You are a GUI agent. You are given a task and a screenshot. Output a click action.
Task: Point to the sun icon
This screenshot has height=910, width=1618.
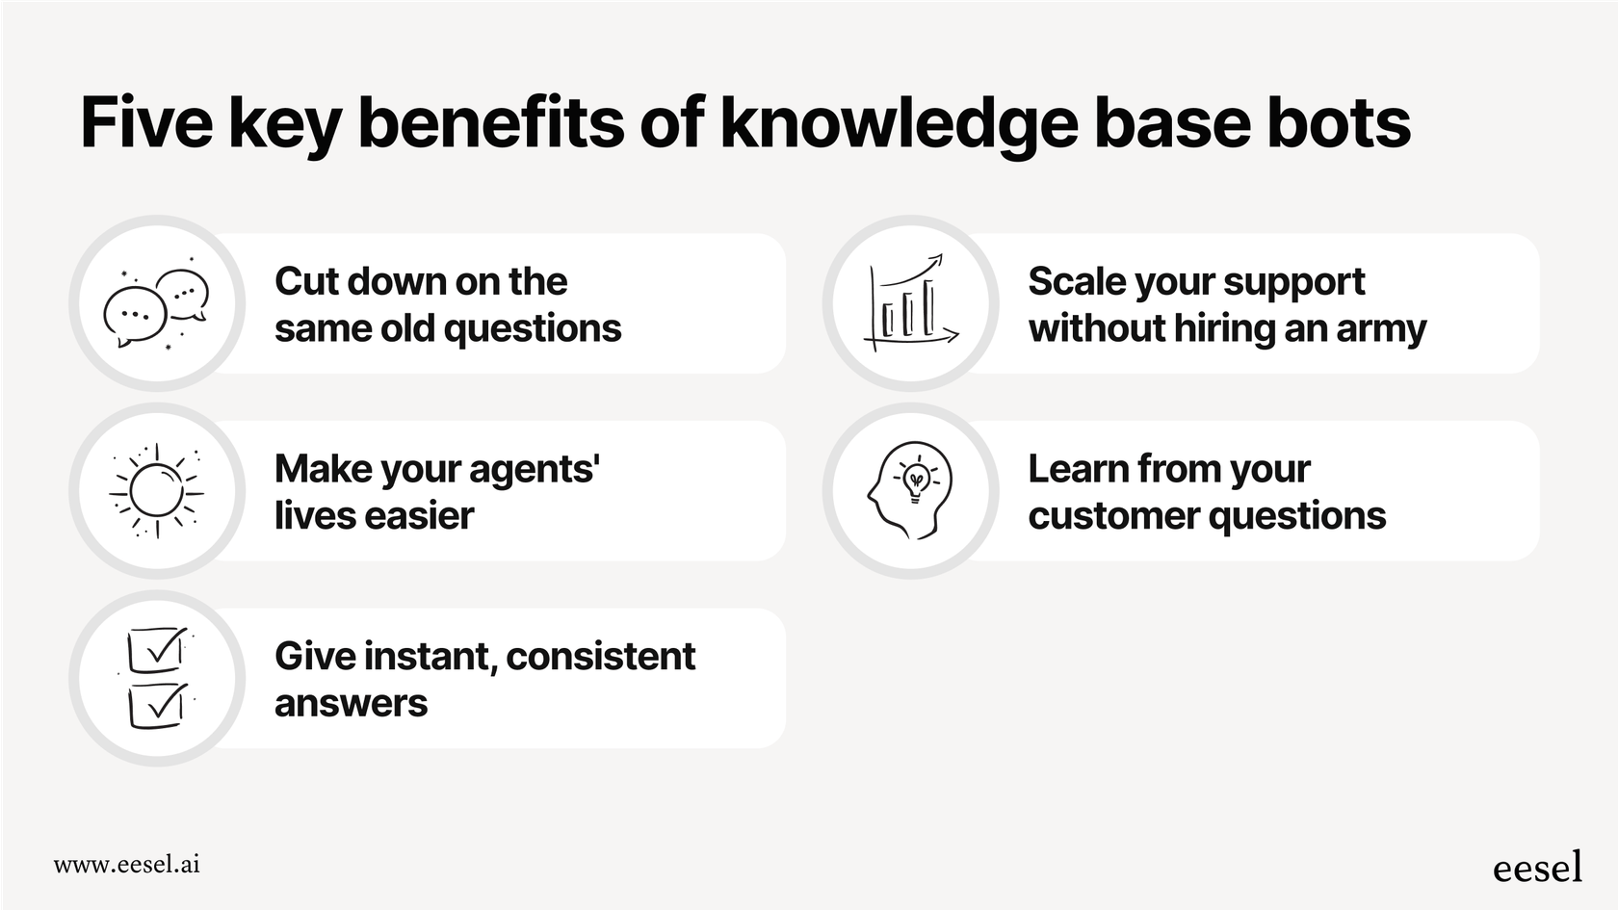156,491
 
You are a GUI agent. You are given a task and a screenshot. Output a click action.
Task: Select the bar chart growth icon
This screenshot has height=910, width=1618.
910,302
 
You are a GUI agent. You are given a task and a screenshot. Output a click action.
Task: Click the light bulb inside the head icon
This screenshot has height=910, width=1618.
915,480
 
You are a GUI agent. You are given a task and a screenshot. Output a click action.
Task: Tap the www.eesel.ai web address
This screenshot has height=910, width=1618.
126,864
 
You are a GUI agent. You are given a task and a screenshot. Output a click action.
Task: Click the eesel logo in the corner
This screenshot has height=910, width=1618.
1537,867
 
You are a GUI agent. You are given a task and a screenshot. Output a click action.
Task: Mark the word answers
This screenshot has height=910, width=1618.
351,704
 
